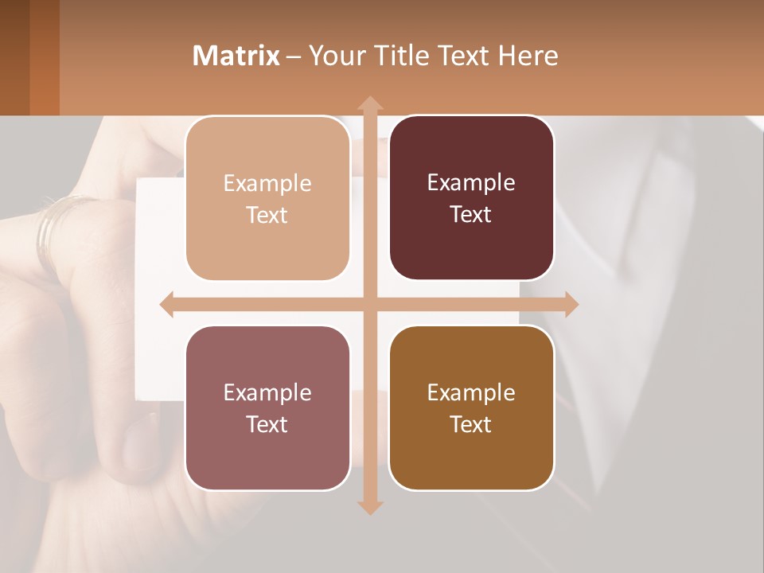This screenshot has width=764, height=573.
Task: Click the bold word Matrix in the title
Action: coord(236,56)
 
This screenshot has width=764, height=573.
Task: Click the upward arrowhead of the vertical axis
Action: coord(369,103)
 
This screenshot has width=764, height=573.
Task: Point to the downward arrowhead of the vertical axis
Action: coord(369,507)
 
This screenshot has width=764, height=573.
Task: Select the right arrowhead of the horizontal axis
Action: coord(571,305)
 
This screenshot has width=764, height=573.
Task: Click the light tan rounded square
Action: coord(267,198)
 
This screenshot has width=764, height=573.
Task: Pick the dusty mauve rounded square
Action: coord(267,407)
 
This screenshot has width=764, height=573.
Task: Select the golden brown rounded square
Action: coord(471,407)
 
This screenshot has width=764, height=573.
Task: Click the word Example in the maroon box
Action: coord(471,183)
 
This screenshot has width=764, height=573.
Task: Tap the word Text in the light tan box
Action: coord(267,216)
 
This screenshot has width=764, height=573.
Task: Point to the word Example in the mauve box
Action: coord(267,392)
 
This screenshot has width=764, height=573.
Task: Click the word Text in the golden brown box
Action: coord(471,424)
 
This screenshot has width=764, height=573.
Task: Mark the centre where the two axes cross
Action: coord(369,305)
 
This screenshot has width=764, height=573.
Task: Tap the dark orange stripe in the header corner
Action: coord(44,57)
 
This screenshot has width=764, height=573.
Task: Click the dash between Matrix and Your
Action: coord(293,57)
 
